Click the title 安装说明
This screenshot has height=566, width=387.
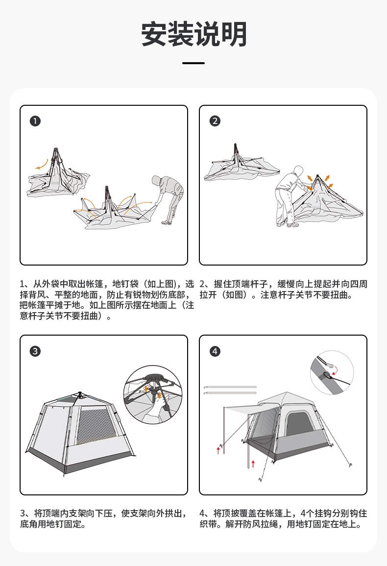click(193, 34)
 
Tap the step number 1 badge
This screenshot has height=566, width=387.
click(35, 121)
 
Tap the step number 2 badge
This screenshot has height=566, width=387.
click(215, 121)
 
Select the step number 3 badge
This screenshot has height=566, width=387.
click(35, 351)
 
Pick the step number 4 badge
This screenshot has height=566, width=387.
click(215, 351)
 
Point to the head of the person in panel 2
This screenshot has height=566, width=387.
click(298, 171)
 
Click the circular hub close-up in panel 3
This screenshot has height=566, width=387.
click(153, 394)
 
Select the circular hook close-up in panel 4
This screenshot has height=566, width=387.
click(332, 372)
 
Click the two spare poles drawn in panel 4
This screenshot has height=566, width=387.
click(230, 390)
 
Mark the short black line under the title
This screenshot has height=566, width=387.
click(193, 63)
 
